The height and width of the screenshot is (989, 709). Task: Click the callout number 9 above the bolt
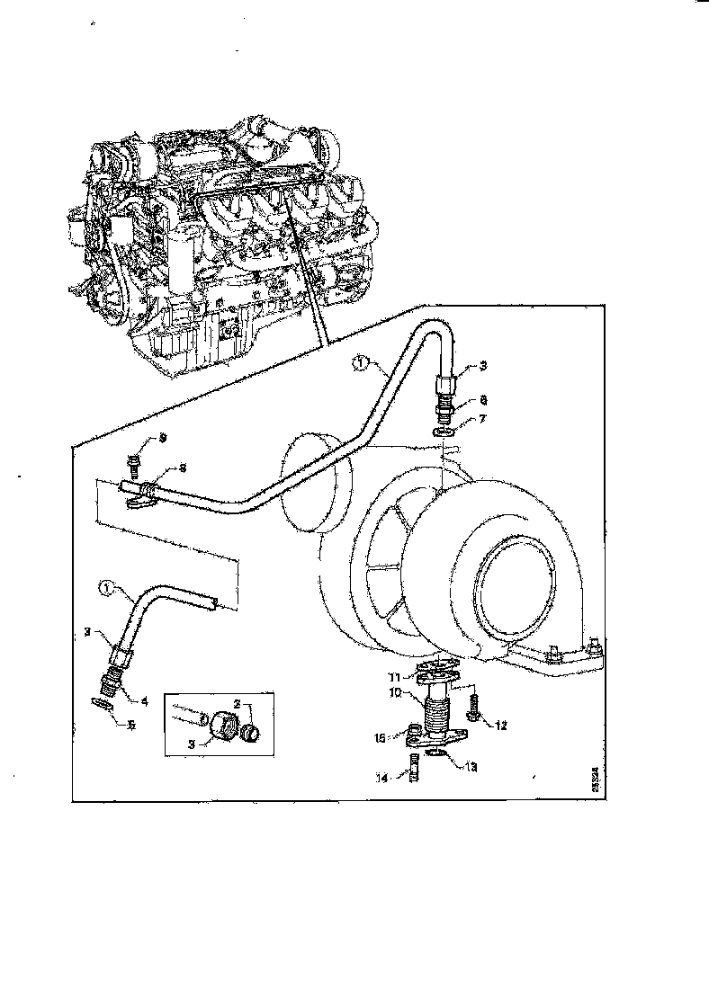pos(163,438)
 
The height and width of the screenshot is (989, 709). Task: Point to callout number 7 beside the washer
pos(459,421)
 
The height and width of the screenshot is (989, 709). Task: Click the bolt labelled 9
pos(135,465)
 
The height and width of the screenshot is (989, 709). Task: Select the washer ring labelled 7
pos(442,432)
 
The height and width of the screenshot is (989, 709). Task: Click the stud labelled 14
pos(414,773)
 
